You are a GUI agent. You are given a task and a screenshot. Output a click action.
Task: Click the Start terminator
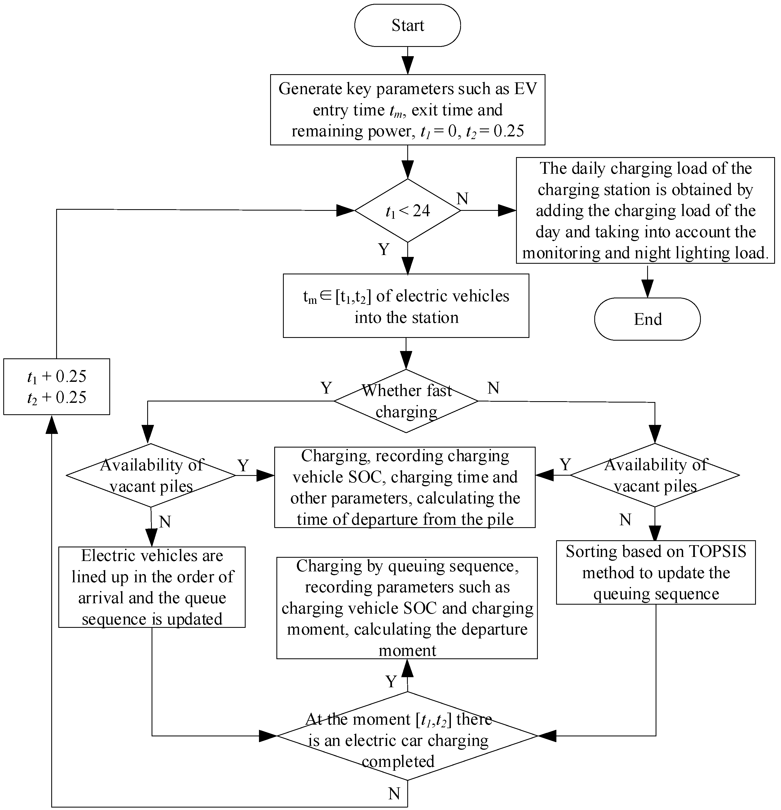coord(407,25)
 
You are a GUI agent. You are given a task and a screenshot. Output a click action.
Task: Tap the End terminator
coord(647,319)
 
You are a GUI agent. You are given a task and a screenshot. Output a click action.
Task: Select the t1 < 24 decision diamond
coord(407,210)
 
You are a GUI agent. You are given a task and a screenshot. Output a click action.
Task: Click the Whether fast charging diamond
coord(406,401)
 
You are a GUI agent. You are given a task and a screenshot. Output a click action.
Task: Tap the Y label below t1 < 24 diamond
coord(384,249)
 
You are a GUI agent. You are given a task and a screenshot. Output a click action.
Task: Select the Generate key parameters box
coord(407,110)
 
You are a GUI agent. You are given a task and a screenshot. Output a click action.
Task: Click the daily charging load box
coord(645,210)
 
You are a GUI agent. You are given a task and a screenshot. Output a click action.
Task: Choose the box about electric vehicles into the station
coord(406,306)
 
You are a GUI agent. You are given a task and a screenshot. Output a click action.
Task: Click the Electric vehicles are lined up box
coord(152,587)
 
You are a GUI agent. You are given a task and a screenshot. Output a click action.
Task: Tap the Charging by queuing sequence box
coord(407,608)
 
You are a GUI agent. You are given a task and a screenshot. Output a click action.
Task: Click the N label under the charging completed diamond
coord(394,793)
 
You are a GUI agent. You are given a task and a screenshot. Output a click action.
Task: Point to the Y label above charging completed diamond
coord(391,681)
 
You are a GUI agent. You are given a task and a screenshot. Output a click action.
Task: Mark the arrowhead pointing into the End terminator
coord(647,289)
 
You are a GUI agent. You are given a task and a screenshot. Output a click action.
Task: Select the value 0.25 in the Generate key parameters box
coord(509,131)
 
